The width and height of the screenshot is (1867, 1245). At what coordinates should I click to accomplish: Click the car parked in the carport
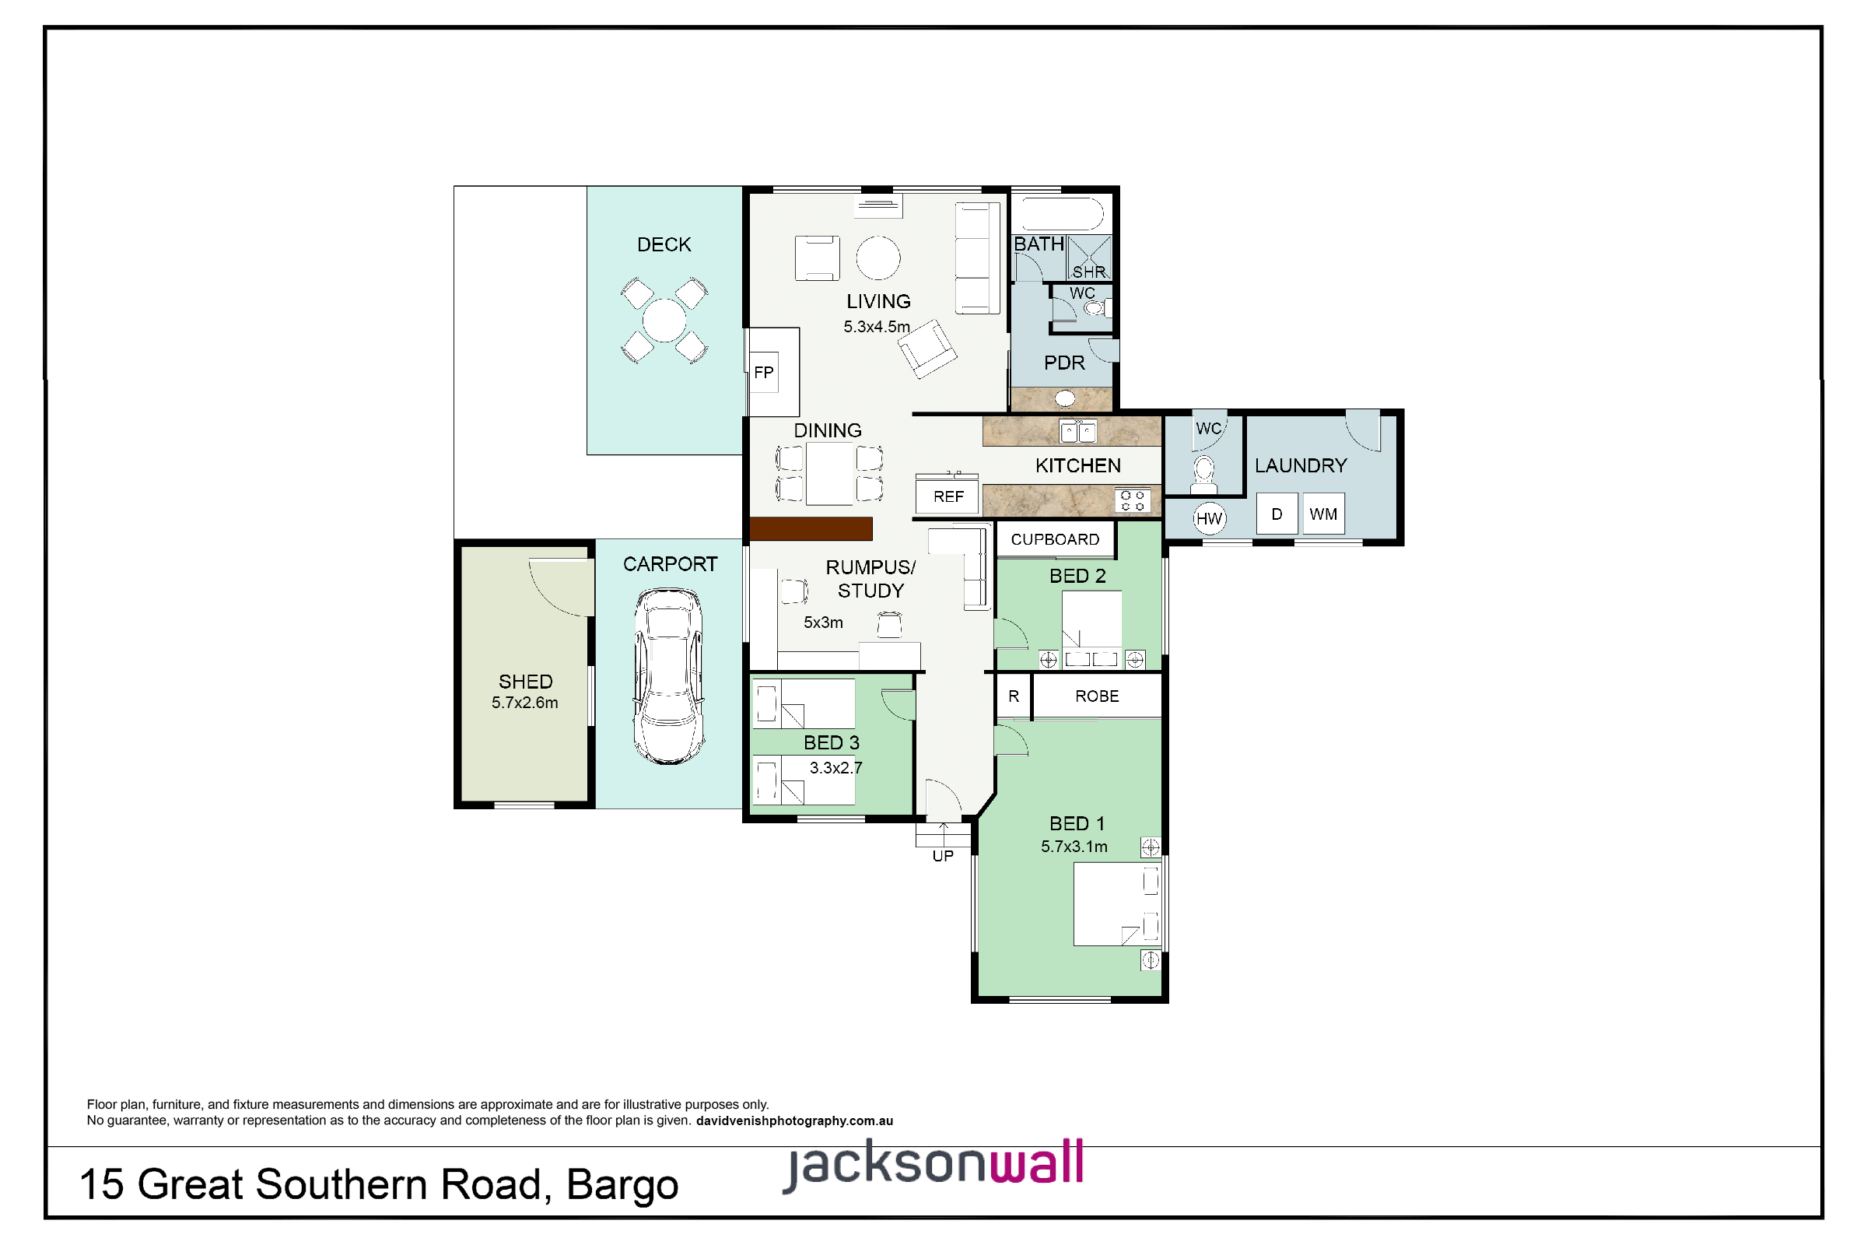tap(668, 675)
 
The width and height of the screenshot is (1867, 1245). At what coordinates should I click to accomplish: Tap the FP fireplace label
tap(764, 373)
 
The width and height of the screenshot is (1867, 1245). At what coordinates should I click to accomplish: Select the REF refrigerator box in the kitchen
tap(948, 497)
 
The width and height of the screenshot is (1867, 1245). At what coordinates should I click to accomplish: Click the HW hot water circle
tap(1209, 519)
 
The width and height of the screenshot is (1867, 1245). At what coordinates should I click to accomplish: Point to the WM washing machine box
tap(1323, 514)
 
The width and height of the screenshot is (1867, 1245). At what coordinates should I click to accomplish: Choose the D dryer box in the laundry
tap(1277, 514)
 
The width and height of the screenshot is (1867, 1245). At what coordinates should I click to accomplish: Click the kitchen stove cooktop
tap(1133, 501)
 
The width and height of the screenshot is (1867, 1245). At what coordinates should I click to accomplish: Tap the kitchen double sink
tap(1078, 432)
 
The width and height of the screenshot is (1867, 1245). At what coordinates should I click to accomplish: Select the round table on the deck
tap(664, 320)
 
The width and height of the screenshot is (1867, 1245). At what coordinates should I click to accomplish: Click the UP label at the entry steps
tap(943, 857)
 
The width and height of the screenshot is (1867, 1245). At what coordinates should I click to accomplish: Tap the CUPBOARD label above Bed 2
tap(1055, 540)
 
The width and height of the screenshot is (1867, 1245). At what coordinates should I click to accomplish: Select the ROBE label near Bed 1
tap(1097, 696)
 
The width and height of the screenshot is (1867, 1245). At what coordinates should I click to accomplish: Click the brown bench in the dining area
tap(811, 529)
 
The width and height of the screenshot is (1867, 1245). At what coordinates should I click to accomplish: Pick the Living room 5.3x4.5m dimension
tap(877, 326)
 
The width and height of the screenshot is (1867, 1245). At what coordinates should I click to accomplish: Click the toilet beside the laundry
tap(1204, 473)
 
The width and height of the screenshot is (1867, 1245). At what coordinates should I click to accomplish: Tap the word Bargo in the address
tap(622, 1184)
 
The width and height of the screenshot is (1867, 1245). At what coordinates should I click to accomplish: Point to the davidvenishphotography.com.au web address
tap(794, 1121)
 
